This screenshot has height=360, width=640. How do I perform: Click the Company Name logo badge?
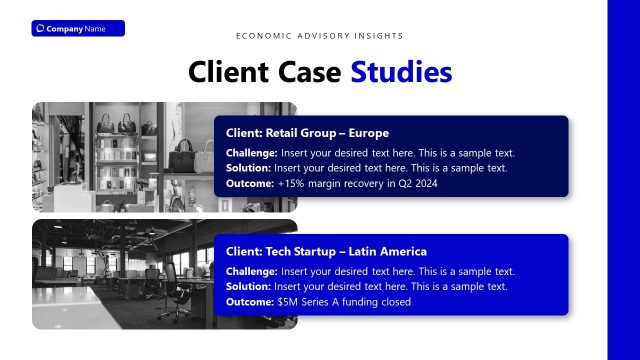(77, 28)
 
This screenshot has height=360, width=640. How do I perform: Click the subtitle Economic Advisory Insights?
(320, 36)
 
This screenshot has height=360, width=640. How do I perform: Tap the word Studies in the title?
(401, 72)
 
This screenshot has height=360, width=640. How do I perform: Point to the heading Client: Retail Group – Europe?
(307, 133)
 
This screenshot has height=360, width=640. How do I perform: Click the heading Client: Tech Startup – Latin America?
(326, 252)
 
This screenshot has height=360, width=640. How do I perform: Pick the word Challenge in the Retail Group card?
(251, 153)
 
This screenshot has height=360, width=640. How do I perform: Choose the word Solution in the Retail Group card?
(247, 168)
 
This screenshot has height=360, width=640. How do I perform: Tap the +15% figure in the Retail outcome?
(291, 183)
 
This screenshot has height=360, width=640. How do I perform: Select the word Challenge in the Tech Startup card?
(251, 271)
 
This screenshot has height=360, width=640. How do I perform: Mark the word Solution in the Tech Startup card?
(247, 286)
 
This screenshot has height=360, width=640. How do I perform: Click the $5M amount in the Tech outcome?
(288, 301)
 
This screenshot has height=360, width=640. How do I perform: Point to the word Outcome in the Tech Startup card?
(249, 301)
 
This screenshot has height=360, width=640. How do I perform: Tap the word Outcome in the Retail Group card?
(249, 183)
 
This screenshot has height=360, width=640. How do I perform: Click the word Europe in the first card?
(368, 133)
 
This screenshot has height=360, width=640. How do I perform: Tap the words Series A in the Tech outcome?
(323, 301)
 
